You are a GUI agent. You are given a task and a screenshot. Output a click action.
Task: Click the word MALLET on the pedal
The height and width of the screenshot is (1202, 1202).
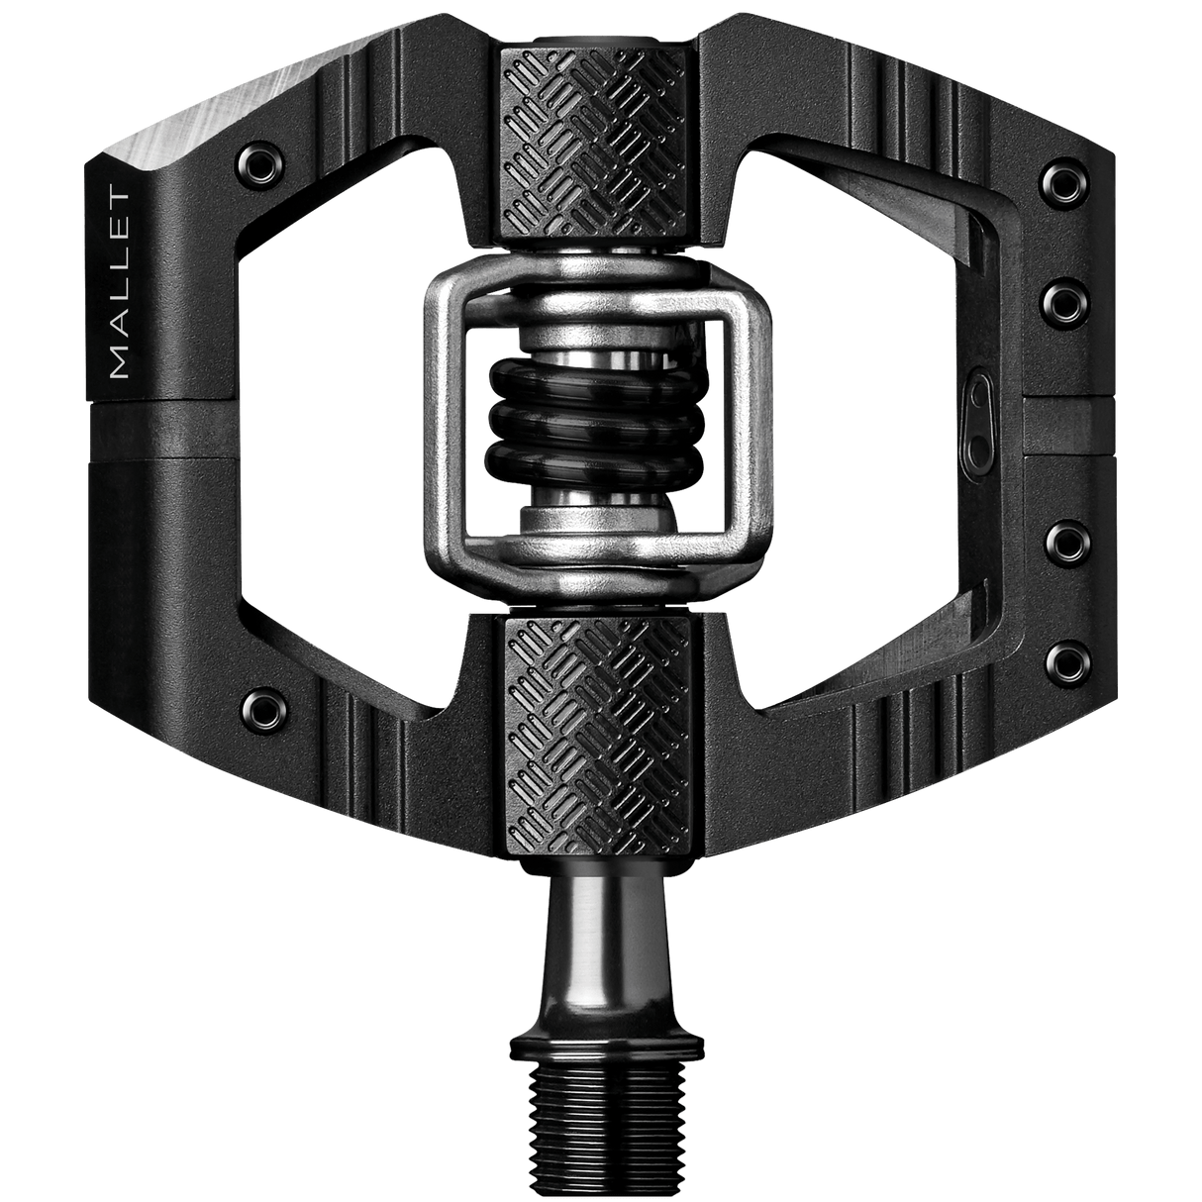pos(121,284)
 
